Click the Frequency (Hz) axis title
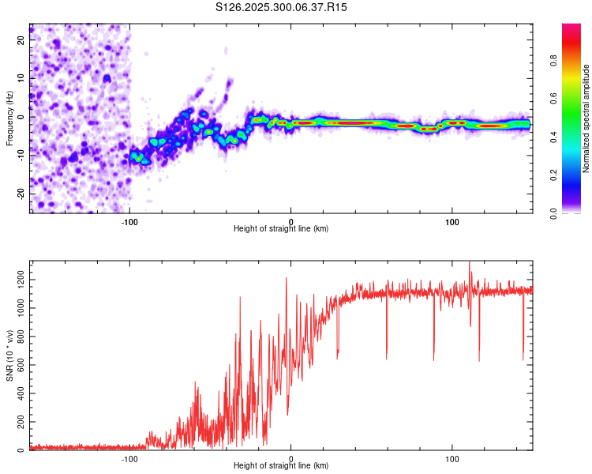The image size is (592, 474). tap(9, 119)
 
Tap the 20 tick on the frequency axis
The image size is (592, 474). tap(21, 39)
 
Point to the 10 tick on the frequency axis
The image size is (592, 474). tap(21, 77)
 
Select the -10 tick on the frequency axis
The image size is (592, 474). tap(20, 155)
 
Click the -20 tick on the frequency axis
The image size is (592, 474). tap(20, 194)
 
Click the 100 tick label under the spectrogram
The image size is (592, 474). tap(452, 220)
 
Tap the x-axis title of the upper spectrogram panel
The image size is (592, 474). tap(281, 229)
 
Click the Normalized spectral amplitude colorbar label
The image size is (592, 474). tap(586, 118)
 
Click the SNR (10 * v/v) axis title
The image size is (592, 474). tap(9, 355)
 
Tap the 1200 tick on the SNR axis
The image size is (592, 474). tap(17, 280)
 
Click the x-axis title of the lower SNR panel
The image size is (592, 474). tap(281, 467)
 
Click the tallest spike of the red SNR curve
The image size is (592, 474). tap(470, 262)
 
